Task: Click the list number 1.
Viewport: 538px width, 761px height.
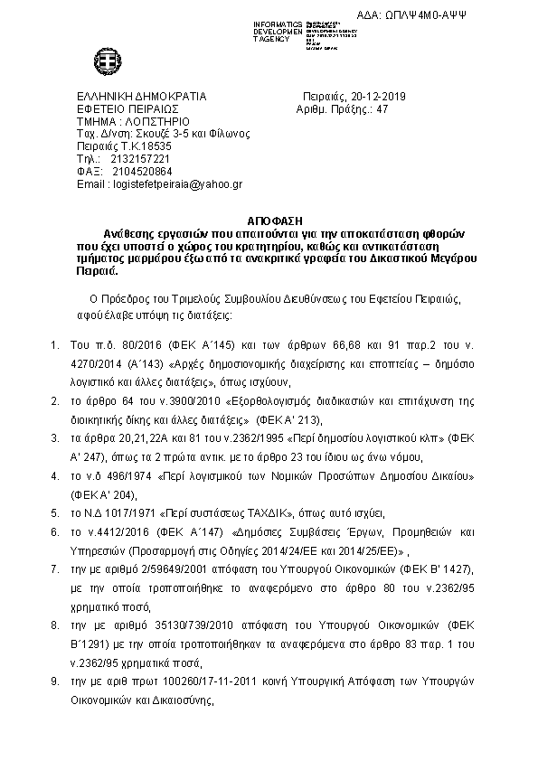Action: click(x=55, y=344)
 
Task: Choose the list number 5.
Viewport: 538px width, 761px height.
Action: click(x=55, y=511)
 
